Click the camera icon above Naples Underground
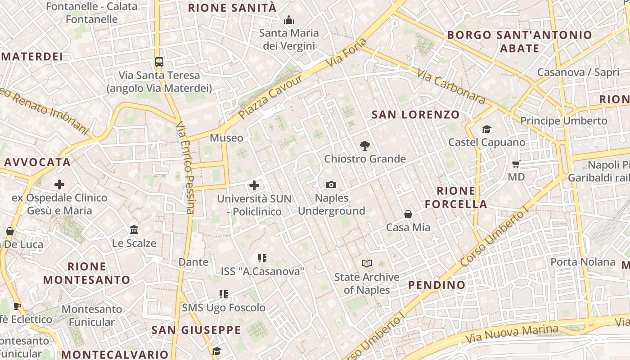pos(331,184)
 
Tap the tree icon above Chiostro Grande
pos(365,145)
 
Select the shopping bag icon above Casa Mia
pos(408,214)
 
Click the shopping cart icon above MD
pos(516,164)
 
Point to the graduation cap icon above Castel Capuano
pos(486,130)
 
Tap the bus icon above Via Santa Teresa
pos(159,62)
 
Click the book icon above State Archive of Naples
pos(367,263)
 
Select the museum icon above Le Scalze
pos(134,230)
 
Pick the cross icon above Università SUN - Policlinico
pos(254,185)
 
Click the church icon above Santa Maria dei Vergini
pos(289,20)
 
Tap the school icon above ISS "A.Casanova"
pos(262,258)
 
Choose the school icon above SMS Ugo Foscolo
pos(223,294)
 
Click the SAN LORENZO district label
pos(415,115)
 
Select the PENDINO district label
pos(436,285)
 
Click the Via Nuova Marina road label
pos(512,333)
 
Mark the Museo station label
pos(226,138)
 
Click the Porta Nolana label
pos(583,262)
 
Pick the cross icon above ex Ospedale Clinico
pos(59,184)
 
